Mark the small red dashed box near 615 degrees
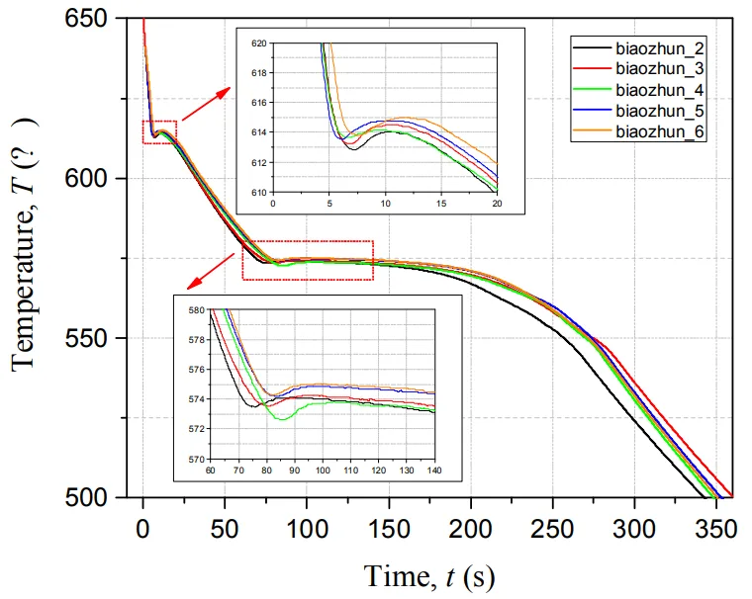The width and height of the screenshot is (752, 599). coord(159,131)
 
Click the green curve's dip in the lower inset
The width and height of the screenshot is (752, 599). coord(283,420)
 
